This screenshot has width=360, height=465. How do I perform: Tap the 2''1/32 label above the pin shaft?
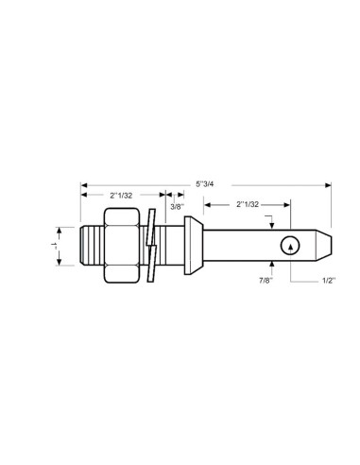248,202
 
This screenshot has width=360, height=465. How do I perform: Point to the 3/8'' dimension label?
176,206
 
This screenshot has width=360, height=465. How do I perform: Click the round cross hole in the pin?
291,246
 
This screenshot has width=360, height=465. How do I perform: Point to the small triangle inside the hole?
291,246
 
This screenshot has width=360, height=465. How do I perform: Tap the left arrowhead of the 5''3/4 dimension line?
85,181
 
